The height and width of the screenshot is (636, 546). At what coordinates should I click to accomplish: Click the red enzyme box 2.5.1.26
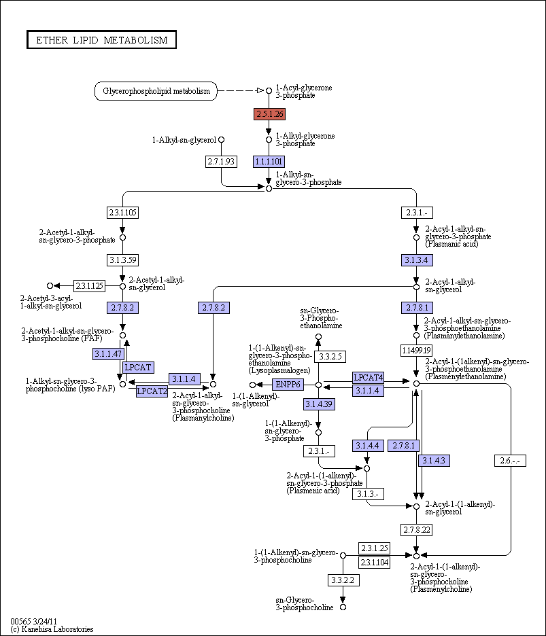269,114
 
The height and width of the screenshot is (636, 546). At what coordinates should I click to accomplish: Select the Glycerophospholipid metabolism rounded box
156,91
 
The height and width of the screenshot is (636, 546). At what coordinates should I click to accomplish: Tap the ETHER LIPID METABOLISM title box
101,39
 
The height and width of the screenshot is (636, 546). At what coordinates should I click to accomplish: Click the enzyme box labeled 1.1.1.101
269,162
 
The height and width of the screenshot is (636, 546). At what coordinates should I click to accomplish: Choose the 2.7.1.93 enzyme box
221,162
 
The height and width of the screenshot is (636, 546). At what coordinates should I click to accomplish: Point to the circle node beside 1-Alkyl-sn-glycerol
221,139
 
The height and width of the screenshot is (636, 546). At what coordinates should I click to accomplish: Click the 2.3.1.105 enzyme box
122,213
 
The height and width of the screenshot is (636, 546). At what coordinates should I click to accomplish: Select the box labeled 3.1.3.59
122,260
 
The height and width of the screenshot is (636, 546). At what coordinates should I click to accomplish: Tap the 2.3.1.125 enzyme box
89,286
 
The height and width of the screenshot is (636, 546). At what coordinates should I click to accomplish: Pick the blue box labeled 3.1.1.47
108,354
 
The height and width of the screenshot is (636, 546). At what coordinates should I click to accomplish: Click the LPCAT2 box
152,391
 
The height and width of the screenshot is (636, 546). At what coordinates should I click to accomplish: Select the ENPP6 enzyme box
288,384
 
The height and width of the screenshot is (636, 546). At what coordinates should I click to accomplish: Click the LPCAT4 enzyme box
369,378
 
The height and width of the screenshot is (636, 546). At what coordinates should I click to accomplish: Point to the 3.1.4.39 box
319,404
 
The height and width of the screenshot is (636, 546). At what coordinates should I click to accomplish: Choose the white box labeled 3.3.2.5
330,357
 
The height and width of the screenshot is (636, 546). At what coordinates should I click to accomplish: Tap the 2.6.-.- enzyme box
510,461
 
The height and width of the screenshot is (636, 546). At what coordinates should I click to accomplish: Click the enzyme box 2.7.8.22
417,530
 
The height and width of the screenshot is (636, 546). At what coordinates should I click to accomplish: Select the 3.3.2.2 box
343,580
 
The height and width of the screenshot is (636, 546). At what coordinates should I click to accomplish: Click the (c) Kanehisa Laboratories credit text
52,629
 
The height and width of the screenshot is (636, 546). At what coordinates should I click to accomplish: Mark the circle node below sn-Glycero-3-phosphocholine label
343,607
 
